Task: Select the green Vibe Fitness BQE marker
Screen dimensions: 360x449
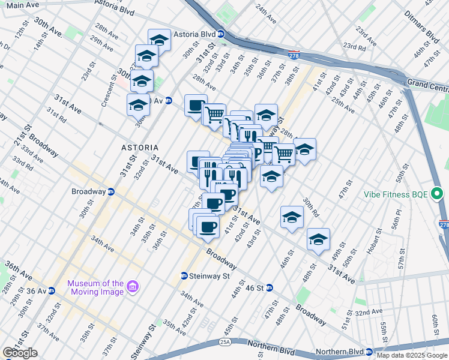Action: [x=437, y=194]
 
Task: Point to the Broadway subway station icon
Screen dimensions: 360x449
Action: [x=111, y=191]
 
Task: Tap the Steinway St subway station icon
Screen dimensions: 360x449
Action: [x=184, y=276]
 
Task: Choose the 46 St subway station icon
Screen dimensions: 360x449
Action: [x=270, y=288]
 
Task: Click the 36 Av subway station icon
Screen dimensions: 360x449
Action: [x=52, y=291]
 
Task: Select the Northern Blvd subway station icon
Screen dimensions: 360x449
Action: [x=370, y=352]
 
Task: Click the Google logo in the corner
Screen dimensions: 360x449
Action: [x=20, y=353]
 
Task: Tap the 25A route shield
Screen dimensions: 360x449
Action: [x=225, y=342]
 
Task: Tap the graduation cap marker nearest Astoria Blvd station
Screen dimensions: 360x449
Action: [x=159, y=40]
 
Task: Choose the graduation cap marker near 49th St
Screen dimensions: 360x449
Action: [x=318, y=239]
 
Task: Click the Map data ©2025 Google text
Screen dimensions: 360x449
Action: [x=412, y=355]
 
